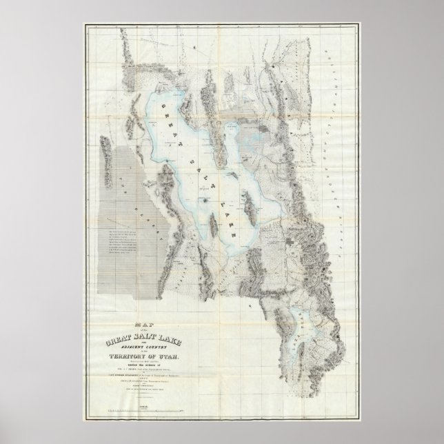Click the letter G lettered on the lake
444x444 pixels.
coord(164,108)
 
